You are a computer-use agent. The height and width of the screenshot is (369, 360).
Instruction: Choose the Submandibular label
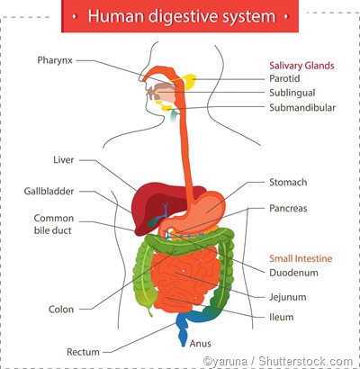302,107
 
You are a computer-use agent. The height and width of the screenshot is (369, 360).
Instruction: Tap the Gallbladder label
49,191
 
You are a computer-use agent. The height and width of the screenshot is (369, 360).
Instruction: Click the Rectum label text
84,351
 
